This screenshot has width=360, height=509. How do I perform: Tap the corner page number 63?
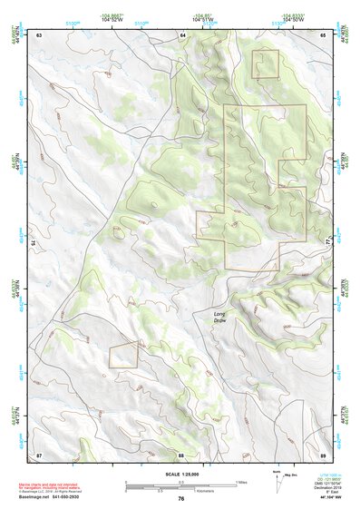click(39, 34)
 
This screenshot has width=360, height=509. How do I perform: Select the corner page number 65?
click(323, 34)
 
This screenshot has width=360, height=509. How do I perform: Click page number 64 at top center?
click(181, 34)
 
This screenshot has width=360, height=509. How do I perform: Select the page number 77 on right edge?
click(326, 243)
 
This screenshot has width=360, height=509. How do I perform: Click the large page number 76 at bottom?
click(181, 499)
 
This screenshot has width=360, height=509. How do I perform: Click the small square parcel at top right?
click(266, 64)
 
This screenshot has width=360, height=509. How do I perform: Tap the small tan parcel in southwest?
click(123, 355)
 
